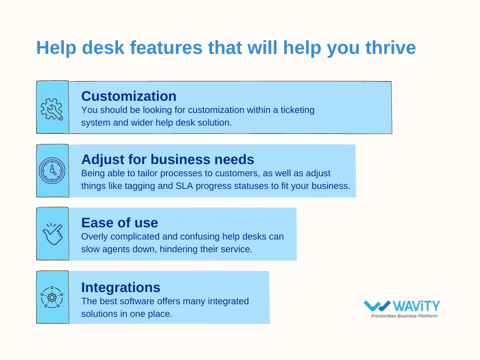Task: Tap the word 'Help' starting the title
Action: click(x=56, y=48)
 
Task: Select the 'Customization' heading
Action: click(x=129, y=96)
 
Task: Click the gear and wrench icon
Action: click(x=52, y=109)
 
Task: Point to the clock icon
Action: click(x=52, y=171)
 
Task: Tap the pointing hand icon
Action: click(x=52, y=234)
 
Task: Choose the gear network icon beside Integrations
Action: click(x=52, y=297)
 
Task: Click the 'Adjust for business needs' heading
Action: click(x=168, y=159)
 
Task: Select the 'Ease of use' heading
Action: click(x=120, y=223)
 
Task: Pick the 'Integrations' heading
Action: click(x=120, y=287)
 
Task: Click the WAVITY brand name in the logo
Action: click(x=416, y=306)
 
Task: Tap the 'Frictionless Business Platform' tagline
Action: click(x=404, y=316)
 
